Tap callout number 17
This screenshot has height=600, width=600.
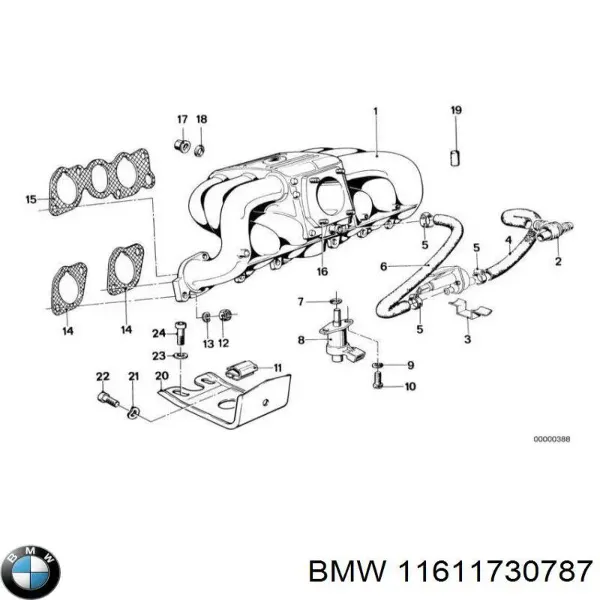click(x=182, y=119)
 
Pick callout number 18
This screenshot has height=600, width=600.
click(x=201, y=119)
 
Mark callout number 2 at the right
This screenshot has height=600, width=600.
click(x=558, y=262)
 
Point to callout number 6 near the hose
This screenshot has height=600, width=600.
click(x=384, y=267)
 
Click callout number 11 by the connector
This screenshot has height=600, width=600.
click(x=277, y=367)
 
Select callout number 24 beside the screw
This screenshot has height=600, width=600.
click(x=158, y=333)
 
